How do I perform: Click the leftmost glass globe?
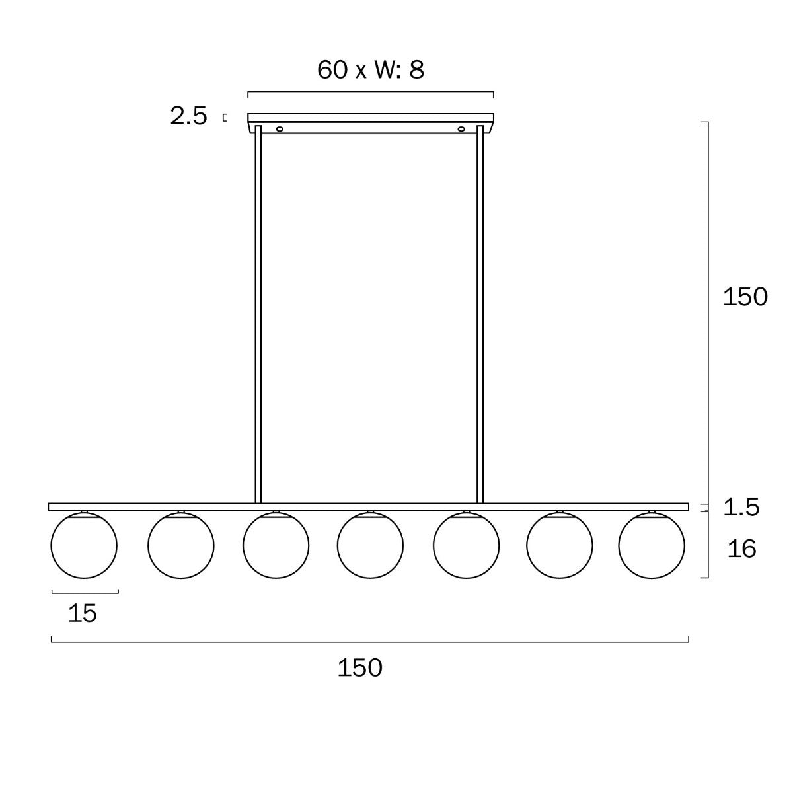84,546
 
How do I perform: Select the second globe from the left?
181,546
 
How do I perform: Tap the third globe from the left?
276,546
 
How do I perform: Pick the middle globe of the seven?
370,546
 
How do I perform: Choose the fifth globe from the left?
466,546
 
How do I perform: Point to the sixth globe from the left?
560,546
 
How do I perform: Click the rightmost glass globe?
652,546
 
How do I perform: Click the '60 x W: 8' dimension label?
370,69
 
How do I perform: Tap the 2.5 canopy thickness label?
189,116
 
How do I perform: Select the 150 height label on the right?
745,297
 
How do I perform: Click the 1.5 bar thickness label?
741,508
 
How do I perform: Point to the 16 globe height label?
741,548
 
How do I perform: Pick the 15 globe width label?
83,613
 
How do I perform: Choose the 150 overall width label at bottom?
360,668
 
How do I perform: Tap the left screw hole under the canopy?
280,128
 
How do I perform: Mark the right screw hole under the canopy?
461,128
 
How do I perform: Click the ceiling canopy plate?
370,118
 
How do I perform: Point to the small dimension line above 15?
85,592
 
